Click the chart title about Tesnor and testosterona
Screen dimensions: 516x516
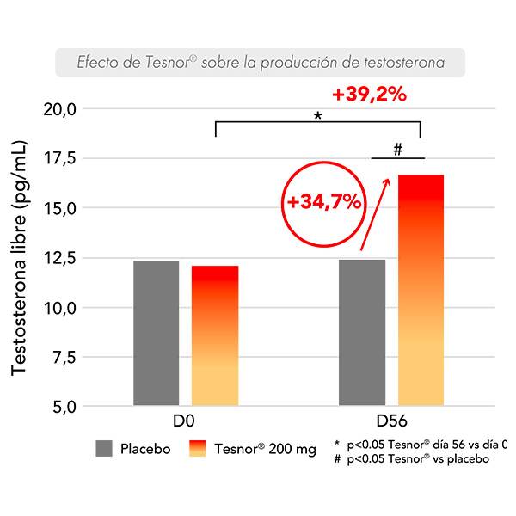(261, 63)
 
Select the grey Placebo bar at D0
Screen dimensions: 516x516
(156, 333)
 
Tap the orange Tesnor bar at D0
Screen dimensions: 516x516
(214, 335)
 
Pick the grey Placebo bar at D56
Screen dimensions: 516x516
(361, 332)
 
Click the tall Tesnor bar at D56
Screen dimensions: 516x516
(421, 290)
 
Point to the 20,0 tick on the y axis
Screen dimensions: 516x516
(60, 109)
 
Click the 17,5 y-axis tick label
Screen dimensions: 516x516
(60, 159)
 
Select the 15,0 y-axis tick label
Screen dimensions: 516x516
(60, 208)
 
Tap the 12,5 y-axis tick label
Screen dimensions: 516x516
(60, 258)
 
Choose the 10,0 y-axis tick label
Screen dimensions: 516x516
(60, 307)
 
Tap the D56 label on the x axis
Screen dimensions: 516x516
(391, 423)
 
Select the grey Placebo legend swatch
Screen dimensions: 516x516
(104, 448)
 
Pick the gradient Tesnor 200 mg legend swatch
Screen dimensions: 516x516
(198, 448)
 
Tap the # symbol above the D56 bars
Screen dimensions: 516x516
(397, 149)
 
